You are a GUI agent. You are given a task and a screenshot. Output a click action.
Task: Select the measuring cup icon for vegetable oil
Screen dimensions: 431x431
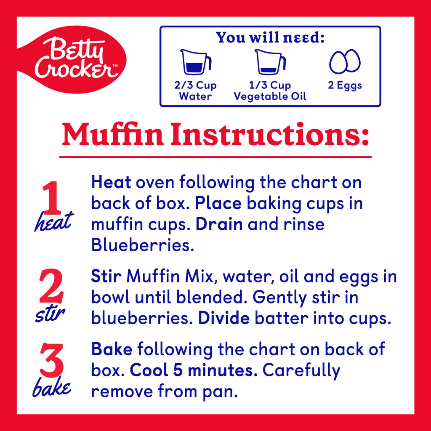tap(270, 62)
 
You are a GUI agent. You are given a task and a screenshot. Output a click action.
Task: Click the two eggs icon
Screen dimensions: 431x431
tap(345, 62)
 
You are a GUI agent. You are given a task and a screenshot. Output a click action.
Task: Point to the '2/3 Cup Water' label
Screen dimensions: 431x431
tap(195, 90)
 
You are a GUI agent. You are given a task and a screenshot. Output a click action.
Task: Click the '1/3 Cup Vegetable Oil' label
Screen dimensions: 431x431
tap(270, 90)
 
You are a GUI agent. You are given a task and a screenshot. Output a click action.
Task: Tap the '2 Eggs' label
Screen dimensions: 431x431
tap(345, 85)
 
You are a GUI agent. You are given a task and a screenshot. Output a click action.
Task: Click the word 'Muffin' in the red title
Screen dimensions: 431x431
tap(115, 134)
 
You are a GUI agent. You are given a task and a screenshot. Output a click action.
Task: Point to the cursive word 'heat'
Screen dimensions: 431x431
tap(53, 222)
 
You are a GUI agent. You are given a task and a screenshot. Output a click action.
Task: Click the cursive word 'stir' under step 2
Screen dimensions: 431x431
tap(51, 315)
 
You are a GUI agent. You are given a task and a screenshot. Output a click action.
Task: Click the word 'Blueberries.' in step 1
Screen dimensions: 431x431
tap(143, 245)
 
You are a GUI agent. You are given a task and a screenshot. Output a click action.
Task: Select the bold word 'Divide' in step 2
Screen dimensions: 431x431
tap(224, 318)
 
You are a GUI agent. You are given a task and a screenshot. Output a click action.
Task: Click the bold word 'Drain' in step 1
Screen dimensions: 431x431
tap(219, 224)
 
